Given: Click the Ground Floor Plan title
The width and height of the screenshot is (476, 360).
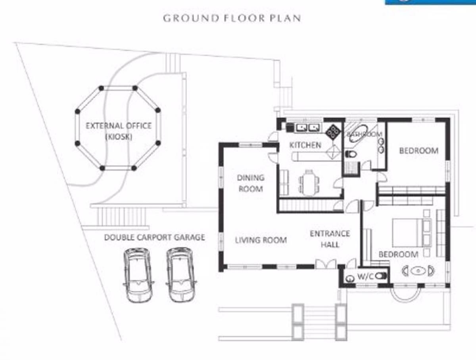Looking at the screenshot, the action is coord(232,18).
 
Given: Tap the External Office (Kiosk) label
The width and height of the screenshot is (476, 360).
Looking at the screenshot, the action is coord(119,131).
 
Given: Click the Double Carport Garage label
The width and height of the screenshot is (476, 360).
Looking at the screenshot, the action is coord(154,237).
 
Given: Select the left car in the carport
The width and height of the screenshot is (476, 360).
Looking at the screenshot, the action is coord(138,275).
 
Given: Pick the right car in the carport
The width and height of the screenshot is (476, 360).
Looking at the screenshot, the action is coord(181,275).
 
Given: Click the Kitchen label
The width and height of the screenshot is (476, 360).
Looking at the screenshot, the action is coord(305,145).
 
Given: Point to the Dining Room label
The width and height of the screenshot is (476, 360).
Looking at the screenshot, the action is coord(251,183).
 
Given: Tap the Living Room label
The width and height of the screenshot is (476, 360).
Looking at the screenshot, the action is coord(261,240).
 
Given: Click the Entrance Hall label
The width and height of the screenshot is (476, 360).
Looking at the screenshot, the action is coord(330,239).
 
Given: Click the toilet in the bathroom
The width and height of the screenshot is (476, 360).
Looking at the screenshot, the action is coord(351,154).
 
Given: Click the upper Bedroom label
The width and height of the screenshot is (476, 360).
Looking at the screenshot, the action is coord(419,150).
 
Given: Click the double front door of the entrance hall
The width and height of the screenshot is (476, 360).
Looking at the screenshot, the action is coord(326,264).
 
